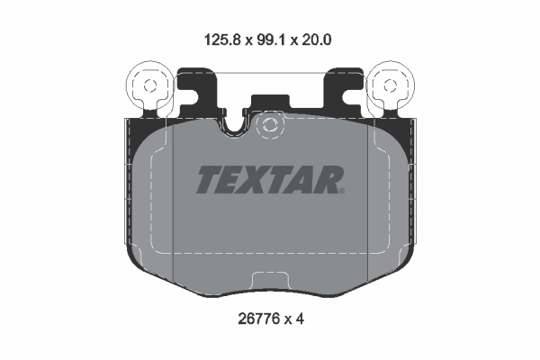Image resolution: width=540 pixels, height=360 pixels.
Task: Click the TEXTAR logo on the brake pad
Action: pos(269,180)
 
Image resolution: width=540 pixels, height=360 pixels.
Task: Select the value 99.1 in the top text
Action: pos(271,40)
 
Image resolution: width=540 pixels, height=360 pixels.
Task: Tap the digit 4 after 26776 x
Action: pos(303,318)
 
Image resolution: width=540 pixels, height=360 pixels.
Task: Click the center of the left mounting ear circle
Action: pos(147,85)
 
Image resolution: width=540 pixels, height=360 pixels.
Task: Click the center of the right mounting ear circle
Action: pos(392,85)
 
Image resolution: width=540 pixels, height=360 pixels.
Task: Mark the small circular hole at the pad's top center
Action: pos(269,127)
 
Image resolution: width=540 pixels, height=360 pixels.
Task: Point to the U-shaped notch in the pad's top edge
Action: pos(236,126)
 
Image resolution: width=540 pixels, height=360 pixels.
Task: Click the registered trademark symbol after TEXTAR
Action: pos(340,190)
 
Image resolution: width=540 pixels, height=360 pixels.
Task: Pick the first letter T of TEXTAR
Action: pos(207,180)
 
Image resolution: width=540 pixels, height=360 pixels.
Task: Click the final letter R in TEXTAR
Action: pos(327,180)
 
